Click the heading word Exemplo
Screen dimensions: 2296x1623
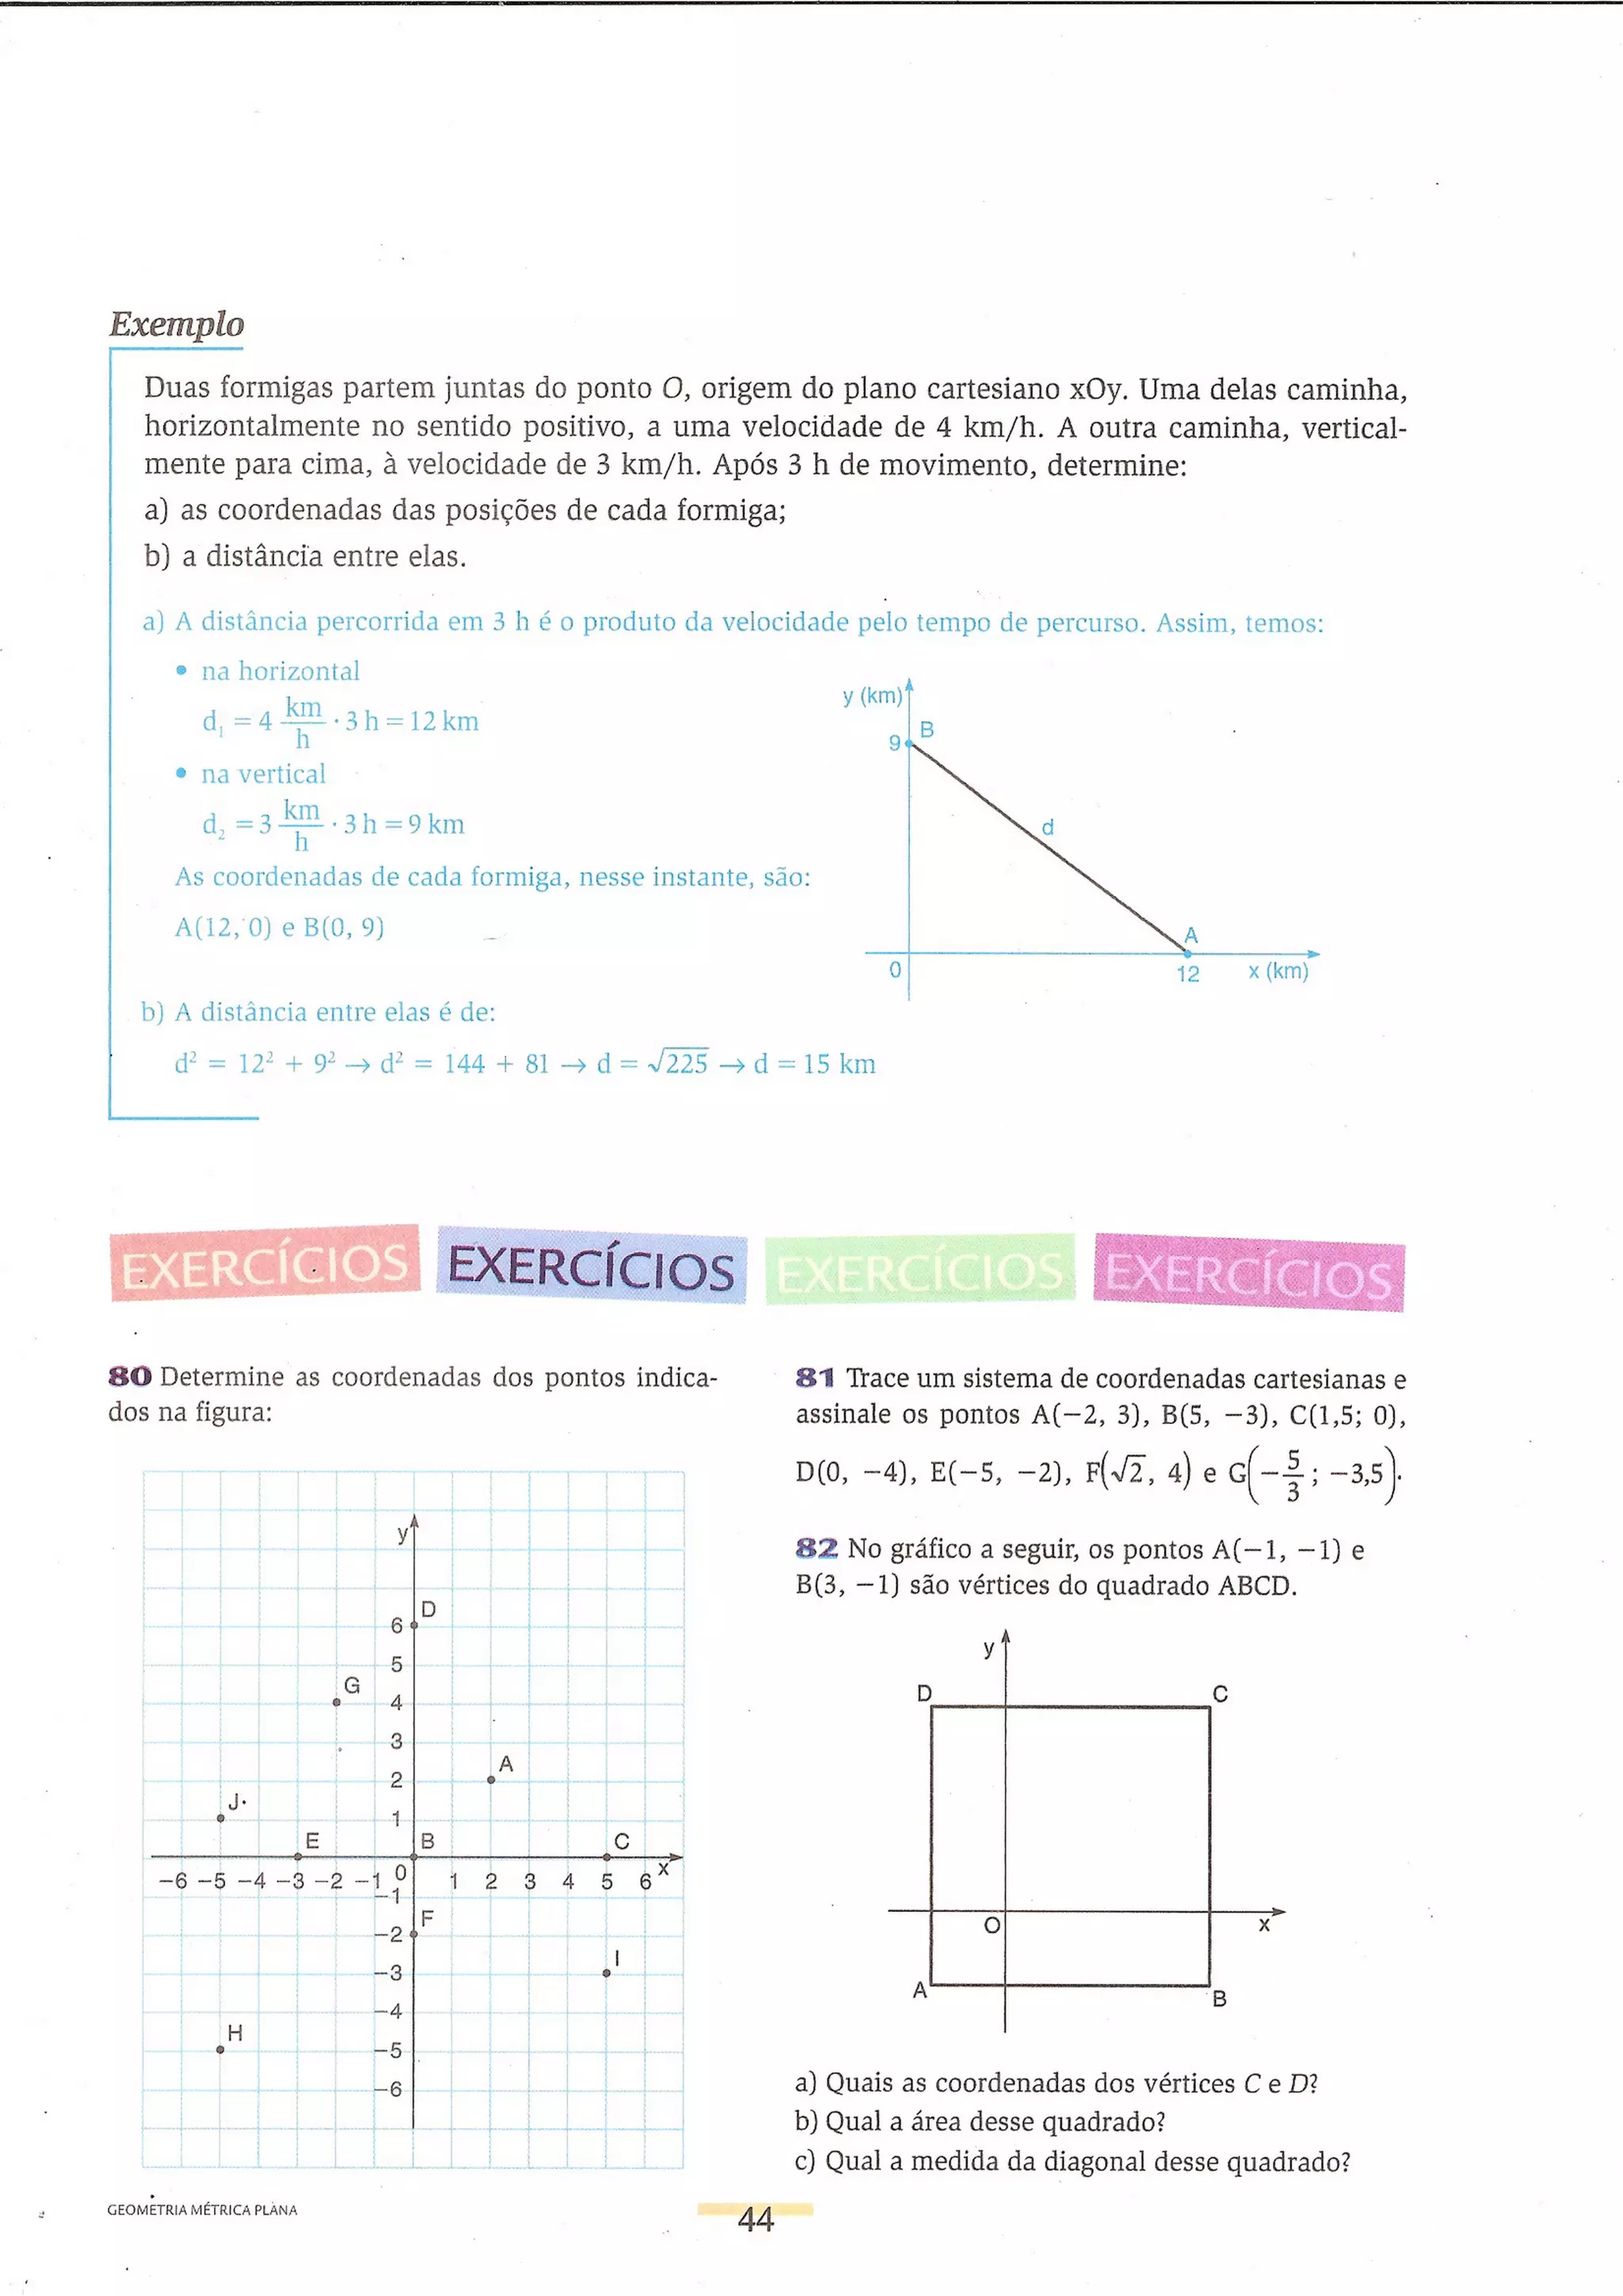[x=176, y=324]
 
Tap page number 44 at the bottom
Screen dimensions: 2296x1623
[x=755, y=2219]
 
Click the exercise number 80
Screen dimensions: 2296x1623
[x=130, y=1377]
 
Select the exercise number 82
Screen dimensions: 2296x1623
[x=816, y=1549]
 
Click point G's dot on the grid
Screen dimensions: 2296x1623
[x=337, y=1702]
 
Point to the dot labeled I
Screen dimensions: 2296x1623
[x=606, y=1972]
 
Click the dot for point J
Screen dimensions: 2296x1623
[x=221, y=1818]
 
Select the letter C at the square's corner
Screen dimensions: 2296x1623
[x=1220, y=1694]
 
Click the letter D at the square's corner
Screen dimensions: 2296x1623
[x=925, y=1693]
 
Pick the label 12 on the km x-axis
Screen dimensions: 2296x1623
[x=1187, y=974]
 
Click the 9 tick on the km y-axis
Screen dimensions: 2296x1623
[x=895, y=743]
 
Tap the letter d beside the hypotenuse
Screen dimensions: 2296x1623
[x=1048, y=827]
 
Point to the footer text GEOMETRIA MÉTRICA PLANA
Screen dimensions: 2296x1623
[x=202, y=2210]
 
